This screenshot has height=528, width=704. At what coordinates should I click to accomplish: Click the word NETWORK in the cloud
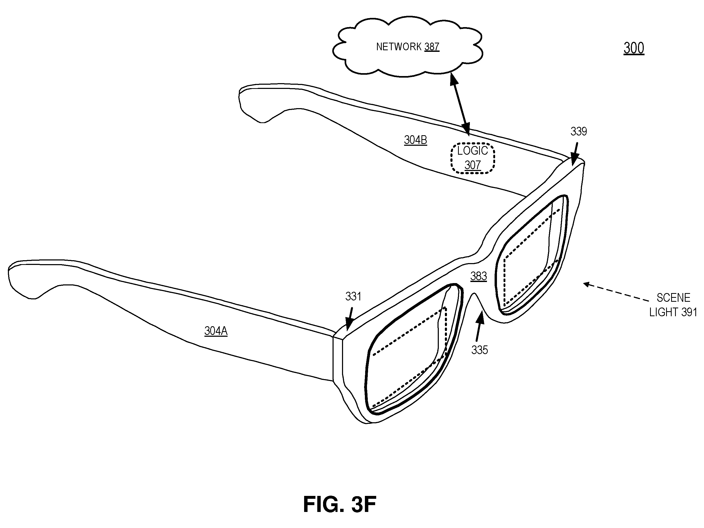coord(399,47)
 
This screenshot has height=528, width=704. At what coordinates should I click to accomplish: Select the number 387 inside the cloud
coord(431,47)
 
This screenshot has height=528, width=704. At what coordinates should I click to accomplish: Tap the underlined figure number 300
coord(634,48)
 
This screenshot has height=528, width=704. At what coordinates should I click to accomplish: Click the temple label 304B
coord(415,140)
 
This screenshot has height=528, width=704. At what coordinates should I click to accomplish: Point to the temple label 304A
coord(216,331)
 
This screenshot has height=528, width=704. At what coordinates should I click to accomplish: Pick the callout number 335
coord(480,350)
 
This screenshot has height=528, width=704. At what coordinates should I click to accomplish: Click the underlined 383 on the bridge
coord(479,276)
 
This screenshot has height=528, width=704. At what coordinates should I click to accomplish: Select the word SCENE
coord(673,298)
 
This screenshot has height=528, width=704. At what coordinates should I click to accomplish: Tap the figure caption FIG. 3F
coord(340,504)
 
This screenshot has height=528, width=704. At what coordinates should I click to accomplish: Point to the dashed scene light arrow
coord(616,291)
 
